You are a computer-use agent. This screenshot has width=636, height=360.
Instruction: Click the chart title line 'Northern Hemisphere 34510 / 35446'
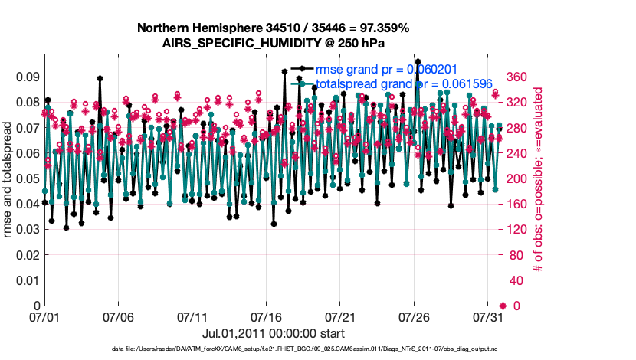click(273, 28)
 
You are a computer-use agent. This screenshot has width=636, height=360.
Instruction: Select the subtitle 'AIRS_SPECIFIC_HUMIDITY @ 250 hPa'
click(273, 43)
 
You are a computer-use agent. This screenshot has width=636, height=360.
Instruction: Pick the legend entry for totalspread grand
click(380, 83)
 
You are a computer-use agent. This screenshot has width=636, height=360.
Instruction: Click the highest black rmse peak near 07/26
click(418, 61)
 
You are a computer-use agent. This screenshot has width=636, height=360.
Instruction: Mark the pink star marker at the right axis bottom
click(502, 306)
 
